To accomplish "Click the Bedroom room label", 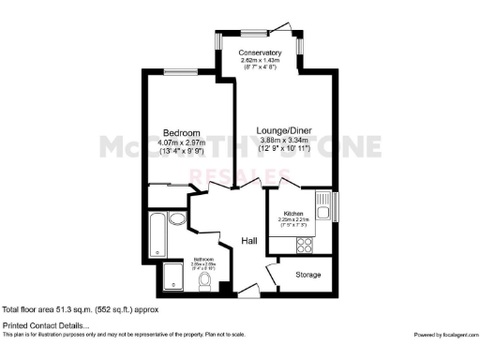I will [x=177, y=132].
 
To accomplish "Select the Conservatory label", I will [x=260, y=52].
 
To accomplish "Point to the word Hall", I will [x=249, y=241].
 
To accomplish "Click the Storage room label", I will [x=308, y=275].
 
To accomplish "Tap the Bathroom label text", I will [x=204, y=258].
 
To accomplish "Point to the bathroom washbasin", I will [x=178, y=222].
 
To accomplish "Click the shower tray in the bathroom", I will [x=172, y=276].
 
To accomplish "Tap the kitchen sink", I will [x=322, y=208].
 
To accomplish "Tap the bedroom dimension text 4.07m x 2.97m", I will [x=178, y=142].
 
